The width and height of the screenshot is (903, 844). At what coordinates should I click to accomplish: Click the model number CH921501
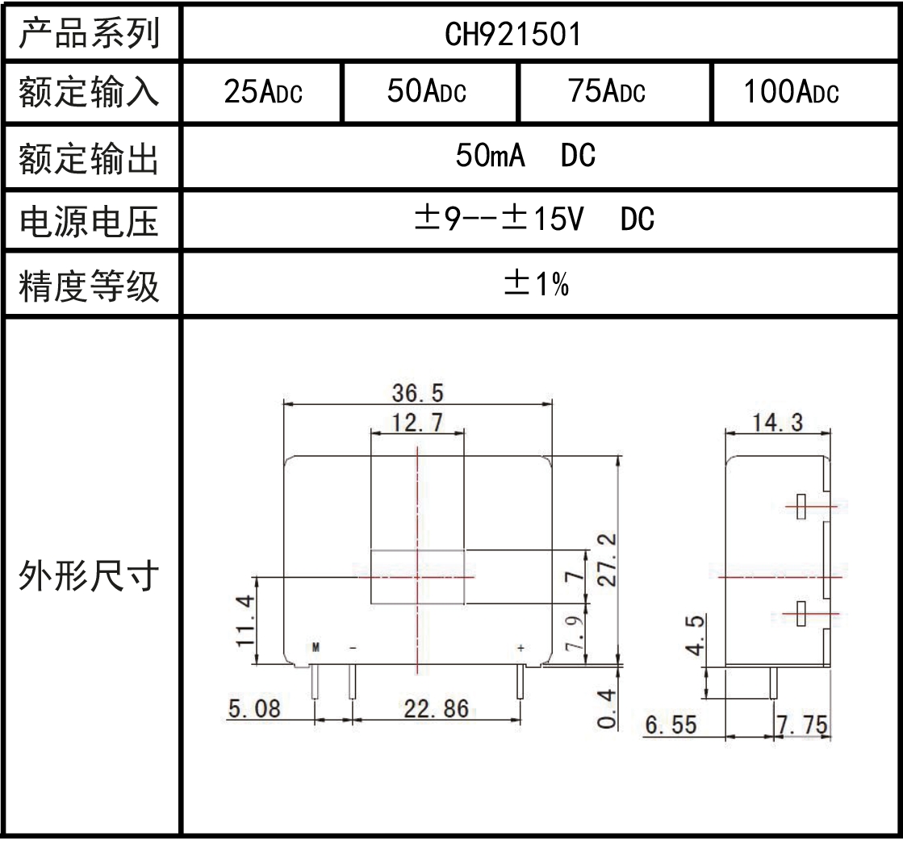(512, 34)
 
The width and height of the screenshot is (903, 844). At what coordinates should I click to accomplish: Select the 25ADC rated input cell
(263, 91)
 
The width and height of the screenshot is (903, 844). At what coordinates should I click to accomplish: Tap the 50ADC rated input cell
(427, 91)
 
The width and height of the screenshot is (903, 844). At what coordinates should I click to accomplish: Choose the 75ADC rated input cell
(606, 91)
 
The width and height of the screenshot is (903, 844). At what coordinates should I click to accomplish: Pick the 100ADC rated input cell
(792, 91)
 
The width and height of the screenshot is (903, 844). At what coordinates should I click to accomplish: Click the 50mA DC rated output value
(525, 156)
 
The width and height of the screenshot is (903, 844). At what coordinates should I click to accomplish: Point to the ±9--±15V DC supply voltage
(534, 219)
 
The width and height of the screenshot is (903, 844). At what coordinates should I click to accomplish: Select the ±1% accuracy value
(537, 284)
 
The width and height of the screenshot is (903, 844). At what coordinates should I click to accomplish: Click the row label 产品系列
(90, 33)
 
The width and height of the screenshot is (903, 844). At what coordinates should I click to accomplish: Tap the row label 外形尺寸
(89, 576)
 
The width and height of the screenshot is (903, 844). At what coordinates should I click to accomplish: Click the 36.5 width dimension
(418, 393)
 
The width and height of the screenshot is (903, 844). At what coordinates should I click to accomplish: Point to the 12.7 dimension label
(417, 423)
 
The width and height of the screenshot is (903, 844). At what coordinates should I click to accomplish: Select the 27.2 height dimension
(607, 560)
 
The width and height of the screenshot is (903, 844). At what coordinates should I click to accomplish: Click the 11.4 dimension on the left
(245, 621)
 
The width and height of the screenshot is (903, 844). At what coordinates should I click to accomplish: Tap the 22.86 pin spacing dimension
(437, 708)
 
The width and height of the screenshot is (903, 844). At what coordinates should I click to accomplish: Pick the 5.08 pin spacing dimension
(254, 708)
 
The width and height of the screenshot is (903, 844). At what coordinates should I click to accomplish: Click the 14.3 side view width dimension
(777, 423)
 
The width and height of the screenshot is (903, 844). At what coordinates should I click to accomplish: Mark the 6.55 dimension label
(671, 725)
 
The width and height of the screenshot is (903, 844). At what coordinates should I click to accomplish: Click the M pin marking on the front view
(316, 648)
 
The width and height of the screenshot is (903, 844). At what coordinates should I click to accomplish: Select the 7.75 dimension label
(803, 725)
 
